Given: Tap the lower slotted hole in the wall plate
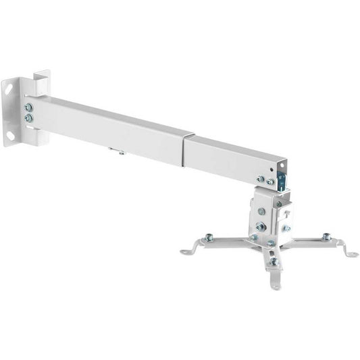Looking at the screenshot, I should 9,134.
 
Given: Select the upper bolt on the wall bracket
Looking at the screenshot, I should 28,107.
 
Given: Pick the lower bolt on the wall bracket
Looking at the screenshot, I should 28,119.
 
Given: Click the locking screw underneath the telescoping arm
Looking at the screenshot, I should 121,152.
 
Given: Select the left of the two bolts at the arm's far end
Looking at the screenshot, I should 260,179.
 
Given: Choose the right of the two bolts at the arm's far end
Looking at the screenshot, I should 269,181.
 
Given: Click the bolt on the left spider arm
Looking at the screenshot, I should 209,237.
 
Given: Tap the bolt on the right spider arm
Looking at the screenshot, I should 326,237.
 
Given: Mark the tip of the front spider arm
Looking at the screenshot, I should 275,285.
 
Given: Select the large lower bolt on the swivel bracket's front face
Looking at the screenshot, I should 261,226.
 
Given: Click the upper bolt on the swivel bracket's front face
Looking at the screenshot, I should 261,211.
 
